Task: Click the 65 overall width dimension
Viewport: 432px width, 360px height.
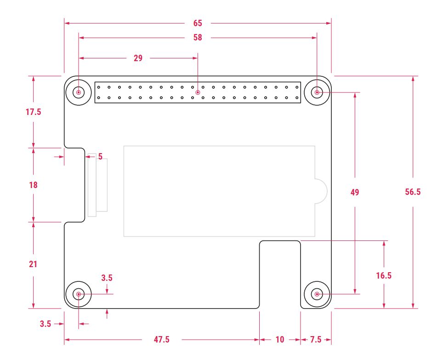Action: point(198,23)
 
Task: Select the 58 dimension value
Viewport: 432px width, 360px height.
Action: point(198,38)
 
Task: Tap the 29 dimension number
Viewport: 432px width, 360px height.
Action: point(138,58)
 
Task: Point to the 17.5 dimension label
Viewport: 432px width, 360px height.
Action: point(34,112)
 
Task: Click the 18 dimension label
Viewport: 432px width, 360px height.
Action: point(34,185)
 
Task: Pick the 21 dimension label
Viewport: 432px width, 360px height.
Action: point(33,264)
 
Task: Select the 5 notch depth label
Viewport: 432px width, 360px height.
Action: point(100,157)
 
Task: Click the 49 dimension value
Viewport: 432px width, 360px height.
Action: point(355,192)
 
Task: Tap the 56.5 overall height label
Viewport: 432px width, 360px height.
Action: point(413,192)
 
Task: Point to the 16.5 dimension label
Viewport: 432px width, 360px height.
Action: point(384,275)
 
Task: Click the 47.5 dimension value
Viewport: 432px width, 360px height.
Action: point(162,339)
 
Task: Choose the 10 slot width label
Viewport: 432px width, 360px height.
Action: point(280,339)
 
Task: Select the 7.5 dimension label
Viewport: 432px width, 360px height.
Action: point(316,339)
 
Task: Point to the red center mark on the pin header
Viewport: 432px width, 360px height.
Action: point(198,92)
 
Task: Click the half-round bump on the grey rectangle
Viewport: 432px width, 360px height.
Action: point(327,191)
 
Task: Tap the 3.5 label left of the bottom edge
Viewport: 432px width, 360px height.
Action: point(45,324)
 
